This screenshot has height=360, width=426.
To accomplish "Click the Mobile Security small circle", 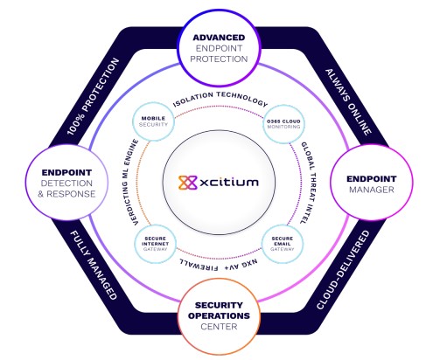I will [153, 123].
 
